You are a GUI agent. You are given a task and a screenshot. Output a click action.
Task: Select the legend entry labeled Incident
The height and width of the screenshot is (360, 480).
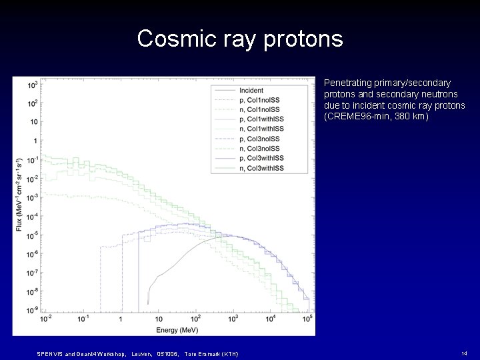pos(250,91)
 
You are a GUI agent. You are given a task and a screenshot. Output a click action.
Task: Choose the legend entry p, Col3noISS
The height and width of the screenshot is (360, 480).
pos(260,139)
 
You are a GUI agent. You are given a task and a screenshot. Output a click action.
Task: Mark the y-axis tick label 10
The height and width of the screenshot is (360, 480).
pos(33,122)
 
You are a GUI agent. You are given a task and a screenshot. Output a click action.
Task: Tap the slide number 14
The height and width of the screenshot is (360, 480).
pos(463,352)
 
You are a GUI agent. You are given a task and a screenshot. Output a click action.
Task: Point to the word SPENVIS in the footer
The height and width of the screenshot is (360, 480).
pos(49,353)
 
